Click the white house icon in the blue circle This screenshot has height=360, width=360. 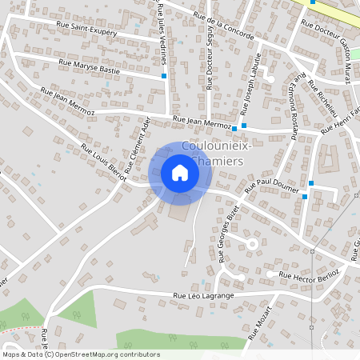[x=180, y=173]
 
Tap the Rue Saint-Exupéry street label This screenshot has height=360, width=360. [x=86, y=29]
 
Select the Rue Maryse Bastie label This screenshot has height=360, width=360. [x=88, y=65]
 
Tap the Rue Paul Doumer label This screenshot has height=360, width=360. [x=271, y=185]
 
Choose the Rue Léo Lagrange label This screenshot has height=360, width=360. [x=203, y=296]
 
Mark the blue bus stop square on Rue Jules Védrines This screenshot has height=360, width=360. [x=164, y=76]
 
